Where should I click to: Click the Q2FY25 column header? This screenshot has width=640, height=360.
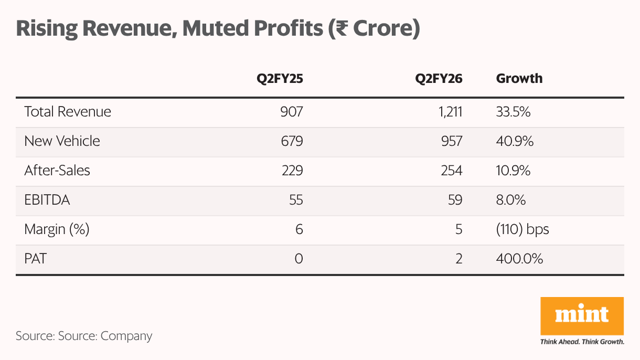pyautogui.click(x=280, y=79)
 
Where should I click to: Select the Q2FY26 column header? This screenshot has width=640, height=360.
pyautogui.click(x=439, y=79)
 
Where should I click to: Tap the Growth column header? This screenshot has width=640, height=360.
pyautogui.click(x=519, y=79)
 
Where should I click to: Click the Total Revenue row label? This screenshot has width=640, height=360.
pyautogui.click(x=68, y=112)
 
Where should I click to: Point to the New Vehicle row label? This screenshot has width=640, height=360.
pyautogui.click(x=62, y=141)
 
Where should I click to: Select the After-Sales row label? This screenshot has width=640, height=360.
pyautogui.click(x=57, y=171)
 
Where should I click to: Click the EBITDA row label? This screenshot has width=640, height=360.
pyautogui.click(x=47, y=200)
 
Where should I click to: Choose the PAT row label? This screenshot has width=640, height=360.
pyautogui.click(x=35, y=259)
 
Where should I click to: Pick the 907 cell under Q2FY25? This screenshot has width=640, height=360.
pyautogui.click(x=292, y=112)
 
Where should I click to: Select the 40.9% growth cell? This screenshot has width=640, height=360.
pyautogui.click(x=515, y=141)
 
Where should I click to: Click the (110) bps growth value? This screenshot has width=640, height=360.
pyautogui.click(x=522, y=229)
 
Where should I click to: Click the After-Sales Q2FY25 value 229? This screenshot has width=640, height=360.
pyautogui.click(x=292, y=171)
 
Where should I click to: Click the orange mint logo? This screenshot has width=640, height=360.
pyautogui.click(x=582, y=315)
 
